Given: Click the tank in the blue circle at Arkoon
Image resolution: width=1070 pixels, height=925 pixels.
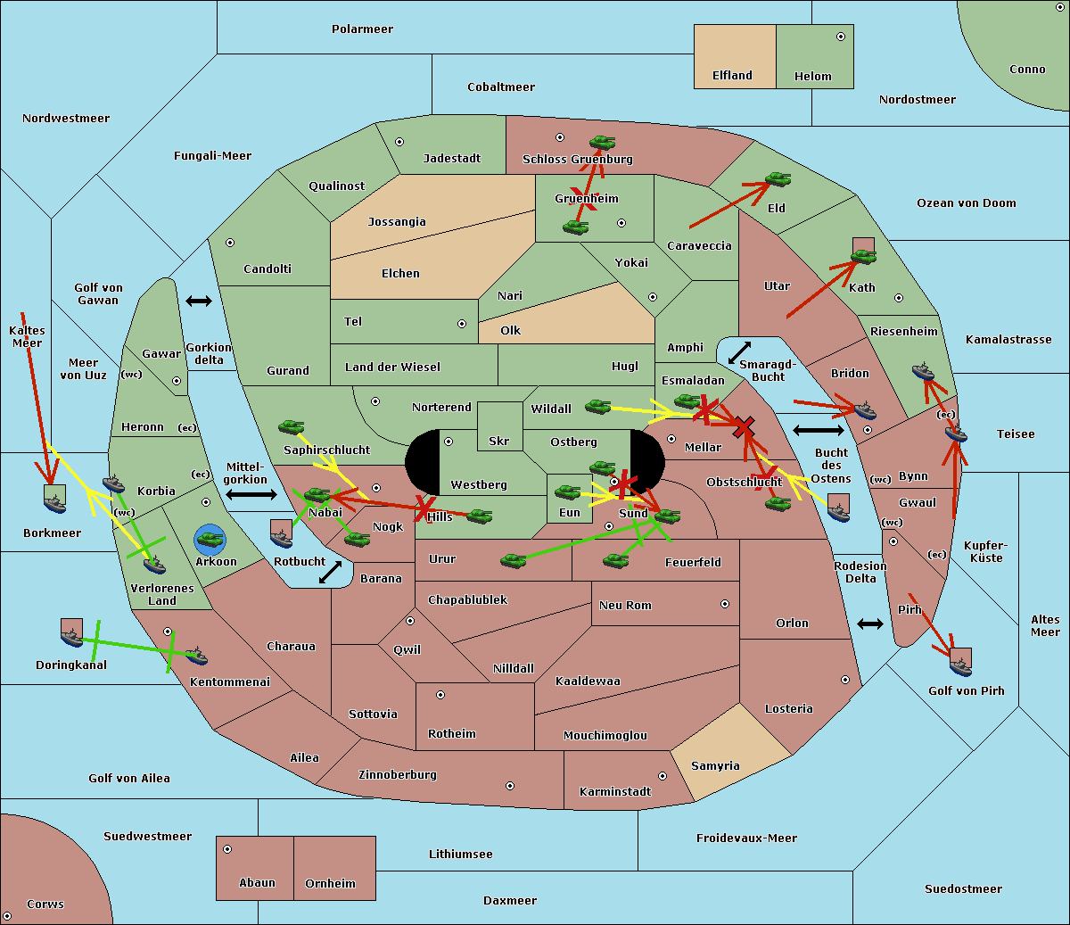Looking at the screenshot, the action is tap(210, 540).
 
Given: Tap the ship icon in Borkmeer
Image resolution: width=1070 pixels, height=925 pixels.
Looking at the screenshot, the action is tap(55, 503).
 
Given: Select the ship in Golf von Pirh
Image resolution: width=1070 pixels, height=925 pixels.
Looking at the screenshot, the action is tap(961, 666).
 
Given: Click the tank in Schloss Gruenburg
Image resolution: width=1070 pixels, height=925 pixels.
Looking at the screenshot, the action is tap(602, 142).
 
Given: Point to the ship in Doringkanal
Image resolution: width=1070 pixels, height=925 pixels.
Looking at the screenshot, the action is tap(71, 637).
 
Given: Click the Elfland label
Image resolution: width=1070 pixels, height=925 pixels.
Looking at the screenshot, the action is tap(732, 76).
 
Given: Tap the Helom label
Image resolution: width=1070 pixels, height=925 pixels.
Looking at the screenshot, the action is tap(812, 77).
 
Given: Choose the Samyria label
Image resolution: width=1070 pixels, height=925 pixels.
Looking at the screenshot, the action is tap(715, 766).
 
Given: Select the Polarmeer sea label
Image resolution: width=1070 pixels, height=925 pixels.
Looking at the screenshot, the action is tap(362, 29).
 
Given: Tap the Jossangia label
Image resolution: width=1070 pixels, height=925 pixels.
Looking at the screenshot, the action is tap(397, 222).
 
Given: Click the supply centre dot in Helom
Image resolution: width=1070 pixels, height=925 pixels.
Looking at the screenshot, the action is tap(841, 37).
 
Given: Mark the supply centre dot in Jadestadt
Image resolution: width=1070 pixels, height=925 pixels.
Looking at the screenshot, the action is tap(399, 142).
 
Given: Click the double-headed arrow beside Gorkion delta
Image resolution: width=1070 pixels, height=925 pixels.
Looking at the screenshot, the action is tap(199, 301).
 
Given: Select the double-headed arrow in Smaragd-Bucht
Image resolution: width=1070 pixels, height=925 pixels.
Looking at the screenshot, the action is tap(739, 352).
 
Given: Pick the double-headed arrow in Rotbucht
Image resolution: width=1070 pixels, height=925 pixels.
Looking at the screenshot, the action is tap(330, 572).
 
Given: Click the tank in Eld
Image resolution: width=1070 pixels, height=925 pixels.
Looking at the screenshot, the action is tap(778, 179).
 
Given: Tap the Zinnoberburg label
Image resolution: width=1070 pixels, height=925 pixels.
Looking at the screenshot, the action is tap(398, 775).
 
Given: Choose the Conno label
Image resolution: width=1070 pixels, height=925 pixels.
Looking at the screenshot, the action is tap(1027, 70).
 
